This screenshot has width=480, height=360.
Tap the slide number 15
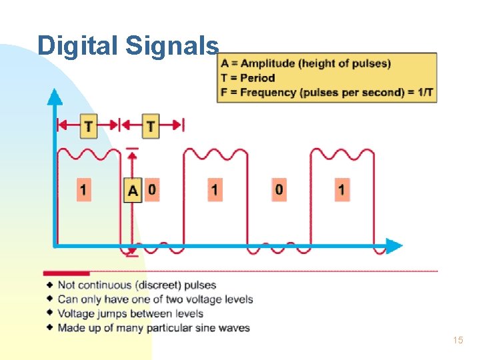[x=457, y=341]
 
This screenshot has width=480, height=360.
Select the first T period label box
[x=88, y=125]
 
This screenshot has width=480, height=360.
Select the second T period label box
[x=151, y=125]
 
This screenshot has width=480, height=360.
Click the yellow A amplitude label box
[x=133, y=191]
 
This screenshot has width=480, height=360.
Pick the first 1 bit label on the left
[x=83, y=190]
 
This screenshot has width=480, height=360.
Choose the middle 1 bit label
[x=215, y=190]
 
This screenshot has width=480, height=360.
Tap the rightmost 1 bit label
[x=341, y=190]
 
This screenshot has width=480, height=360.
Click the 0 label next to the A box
[x=152, y=190]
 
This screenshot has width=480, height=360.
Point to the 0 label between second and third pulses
[x=279, y=190]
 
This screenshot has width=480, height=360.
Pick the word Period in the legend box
[x=257, y=77]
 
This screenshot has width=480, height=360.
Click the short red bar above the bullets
[x=66, y=273]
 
